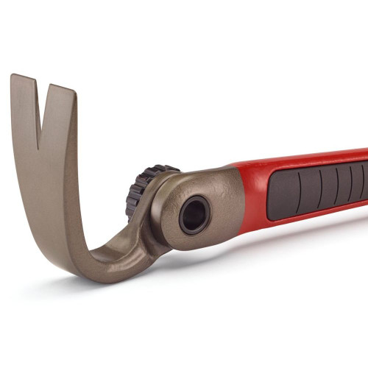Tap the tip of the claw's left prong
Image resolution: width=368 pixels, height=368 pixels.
(21, 77)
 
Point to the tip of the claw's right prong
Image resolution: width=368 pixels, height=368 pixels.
(60, 90)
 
